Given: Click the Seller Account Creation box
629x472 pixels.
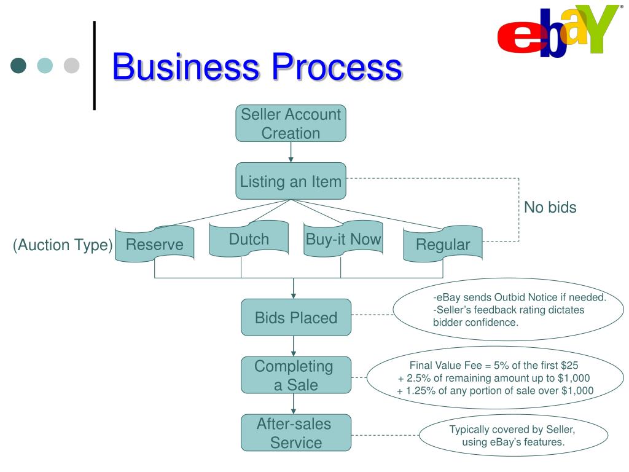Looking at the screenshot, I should coord(291,124).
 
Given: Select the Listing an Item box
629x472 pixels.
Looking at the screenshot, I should coord(291,181).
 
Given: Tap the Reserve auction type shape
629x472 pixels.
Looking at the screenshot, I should coord(155,245).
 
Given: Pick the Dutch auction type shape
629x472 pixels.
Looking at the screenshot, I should coord(249,238).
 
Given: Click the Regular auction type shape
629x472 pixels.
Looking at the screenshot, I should coord(443,245).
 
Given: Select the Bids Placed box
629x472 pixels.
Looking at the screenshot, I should coord(296,318).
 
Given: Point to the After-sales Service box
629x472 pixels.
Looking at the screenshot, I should coord(296,433).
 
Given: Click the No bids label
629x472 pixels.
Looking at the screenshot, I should coord(550,207).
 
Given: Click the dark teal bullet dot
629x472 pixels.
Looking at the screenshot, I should coord(19,65).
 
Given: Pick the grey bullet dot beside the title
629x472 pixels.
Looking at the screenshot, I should coord(72,65).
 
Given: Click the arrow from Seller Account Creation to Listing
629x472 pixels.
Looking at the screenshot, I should coord(291,152).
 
